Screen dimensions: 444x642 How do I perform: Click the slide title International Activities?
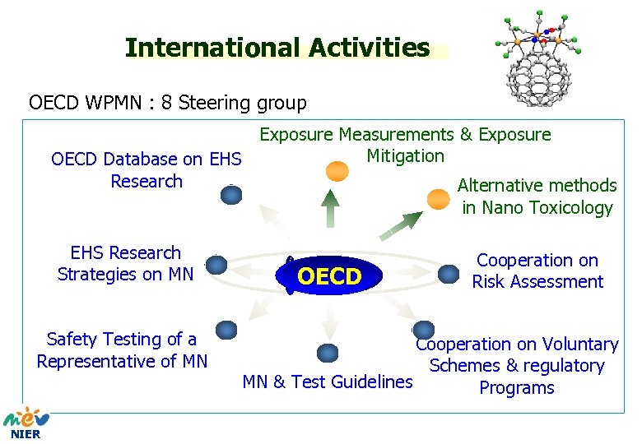click(x=277, y=49)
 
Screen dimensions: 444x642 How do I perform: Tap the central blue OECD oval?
click(x=329, y=277)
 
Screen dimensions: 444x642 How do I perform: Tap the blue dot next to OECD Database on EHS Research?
click(x=231, y=195)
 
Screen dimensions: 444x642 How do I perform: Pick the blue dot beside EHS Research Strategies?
click(x=216, y=264)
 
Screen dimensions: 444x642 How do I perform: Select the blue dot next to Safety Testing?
click(x=226, y=331)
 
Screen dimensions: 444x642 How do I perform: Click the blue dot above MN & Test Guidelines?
click(x=328, y=353)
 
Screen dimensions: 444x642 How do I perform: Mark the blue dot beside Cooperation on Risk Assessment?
click(x=449, y=272)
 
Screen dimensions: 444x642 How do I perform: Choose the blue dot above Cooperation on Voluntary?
click(x=423, y=331)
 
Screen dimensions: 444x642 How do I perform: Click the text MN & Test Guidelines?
click(x=328, y=382)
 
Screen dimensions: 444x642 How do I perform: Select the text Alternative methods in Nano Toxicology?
click(x=537, y=197)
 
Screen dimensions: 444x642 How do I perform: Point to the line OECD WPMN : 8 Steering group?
click(x=168, y=103)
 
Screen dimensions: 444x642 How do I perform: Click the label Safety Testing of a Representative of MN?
click(x=122, y=350)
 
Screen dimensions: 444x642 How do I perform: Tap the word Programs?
click(x=517, y=388)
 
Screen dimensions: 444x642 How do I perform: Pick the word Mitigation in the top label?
click(x=405, y=155)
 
